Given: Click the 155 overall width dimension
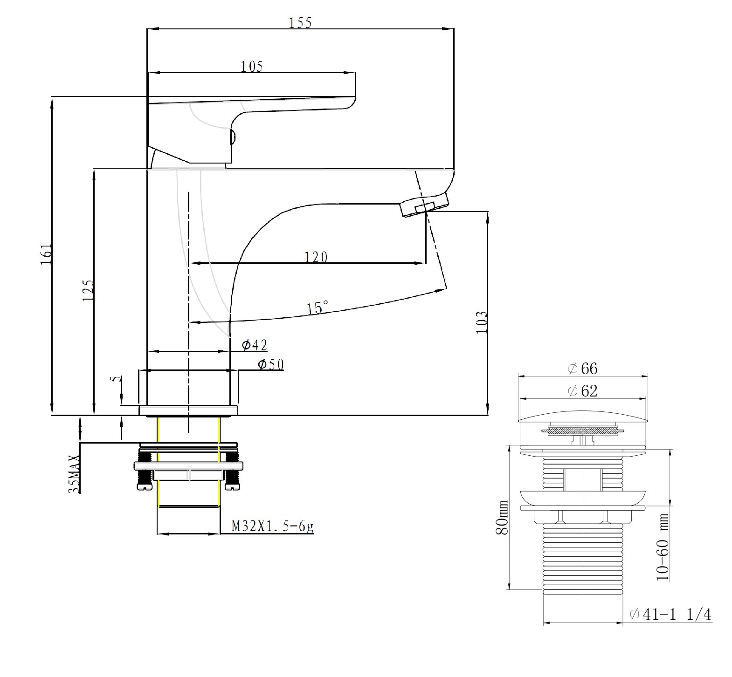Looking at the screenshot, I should [x=300, y=23].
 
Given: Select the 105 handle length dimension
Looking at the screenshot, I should [x=252, y=66].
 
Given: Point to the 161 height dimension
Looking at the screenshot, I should [x=46, y=254].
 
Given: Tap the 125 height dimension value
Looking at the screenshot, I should [x=88, y=290].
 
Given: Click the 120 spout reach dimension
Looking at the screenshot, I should [x=316, y=257].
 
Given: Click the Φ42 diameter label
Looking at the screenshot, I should [x=255, y=345].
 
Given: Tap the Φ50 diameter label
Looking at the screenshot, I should [x=271, y=364].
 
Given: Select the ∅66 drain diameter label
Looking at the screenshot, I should [x=582, y=369].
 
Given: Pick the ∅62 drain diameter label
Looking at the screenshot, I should [x=582, y=390].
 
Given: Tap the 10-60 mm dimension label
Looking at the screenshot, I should [x=663, y=547].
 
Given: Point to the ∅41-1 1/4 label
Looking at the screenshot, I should [x=670, y=615].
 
